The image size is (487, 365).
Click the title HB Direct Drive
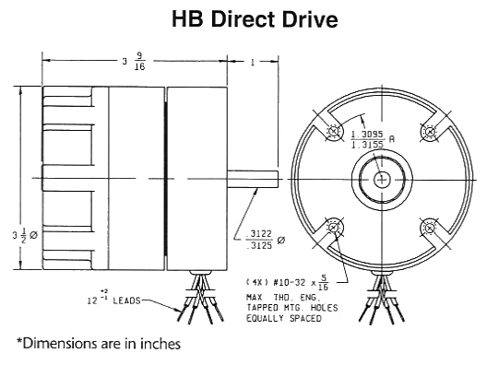tap(255, 19)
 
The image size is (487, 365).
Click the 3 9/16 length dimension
tap(134, 61)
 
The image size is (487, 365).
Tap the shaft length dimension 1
tap(253, 62)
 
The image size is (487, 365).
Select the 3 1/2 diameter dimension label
tap(25, 235)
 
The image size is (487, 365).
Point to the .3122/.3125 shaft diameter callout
tap(265, 240)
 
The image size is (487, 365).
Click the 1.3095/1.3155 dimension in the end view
tap(373, 139)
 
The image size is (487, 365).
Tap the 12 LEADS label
tap(113, 298)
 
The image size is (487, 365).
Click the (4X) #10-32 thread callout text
tap(287, 282)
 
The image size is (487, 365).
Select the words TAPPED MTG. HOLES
tap(291, 308)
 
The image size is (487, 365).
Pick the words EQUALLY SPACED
tap(283, 318)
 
